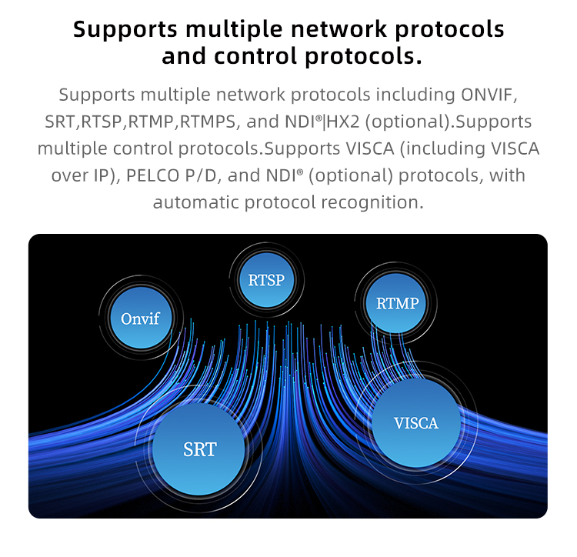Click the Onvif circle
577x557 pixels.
pyautogui.click(x=140, y=318)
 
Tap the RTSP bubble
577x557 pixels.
pyautogui.click(x=266, y=279)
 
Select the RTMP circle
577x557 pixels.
pyautogui.click(x=397, y=302)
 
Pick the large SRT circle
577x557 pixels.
pyautogui.click(x=200, y=449)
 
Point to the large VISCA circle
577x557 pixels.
pyautogui.click(x=415, y=423)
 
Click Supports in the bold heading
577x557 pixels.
pyautogui.click(x=126, y=29)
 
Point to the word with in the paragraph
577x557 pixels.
pyautogui.click(x=509, y=175)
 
